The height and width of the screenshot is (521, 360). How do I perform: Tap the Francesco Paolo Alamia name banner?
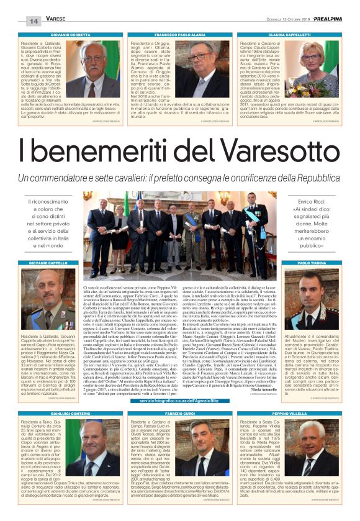tap(179, 35)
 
